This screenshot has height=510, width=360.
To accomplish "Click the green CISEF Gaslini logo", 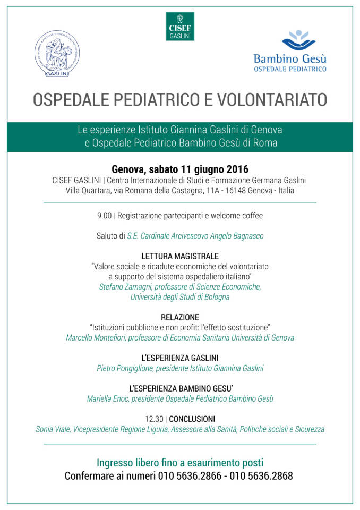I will [179, 26].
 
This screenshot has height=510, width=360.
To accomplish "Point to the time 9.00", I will [104, 216].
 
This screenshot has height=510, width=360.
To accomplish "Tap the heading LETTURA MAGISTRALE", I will [179, 256].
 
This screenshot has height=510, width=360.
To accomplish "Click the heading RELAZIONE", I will [179, 317].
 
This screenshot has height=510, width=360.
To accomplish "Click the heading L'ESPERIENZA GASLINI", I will [179, 358].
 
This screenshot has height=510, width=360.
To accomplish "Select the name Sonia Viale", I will [53, 429].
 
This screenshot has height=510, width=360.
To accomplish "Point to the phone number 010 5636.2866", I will [190, 476].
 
